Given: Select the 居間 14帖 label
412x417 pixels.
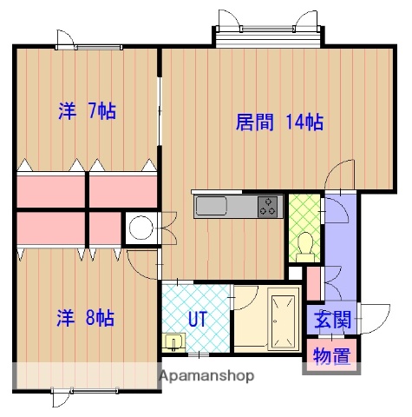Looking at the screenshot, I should click(279, 122).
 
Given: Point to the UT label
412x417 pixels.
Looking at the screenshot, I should click(198, 318).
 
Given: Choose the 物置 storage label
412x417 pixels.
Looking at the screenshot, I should click(330, 355).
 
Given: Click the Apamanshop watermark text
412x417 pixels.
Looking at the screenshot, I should click(206, 376).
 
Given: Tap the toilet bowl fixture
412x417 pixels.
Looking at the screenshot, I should click(304, 246).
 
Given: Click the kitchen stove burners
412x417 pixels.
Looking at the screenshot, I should click(268, 207).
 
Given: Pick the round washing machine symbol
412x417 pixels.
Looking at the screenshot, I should click(139, 228).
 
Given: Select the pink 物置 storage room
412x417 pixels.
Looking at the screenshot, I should click(330, 356).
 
